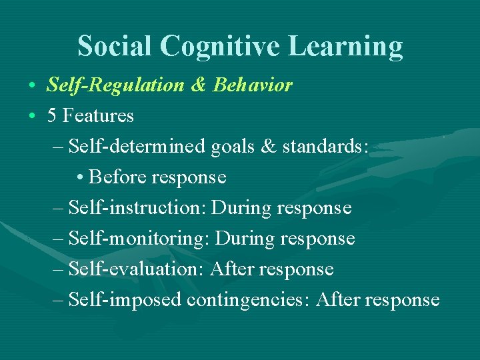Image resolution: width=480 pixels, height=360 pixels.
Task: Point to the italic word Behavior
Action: [253, 85]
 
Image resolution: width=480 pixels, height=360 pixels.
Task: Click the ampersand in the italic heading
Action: [199, 85]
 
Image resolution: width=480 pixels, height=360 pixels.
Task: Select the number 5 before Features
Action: [52, 116]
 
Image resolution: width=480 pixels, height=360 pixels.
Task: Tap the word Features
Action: [98, 116]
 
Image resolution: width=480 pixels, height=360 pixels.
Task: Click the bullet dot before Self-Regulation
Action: [32, 86]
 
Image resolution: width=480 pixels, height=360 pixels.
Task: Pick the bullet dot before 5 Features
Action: [32, 117]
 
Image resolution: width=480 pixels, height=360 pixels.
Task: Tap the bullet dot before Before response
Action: [80, 178]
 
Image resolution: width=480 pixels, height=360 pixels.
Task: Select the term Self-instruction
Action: [137, 208]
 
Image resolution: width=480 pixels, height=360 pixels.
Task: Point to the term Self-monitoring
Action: [140, 239]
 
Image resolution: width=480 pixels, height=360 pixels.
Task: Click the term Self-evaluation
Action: [136, 269]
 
